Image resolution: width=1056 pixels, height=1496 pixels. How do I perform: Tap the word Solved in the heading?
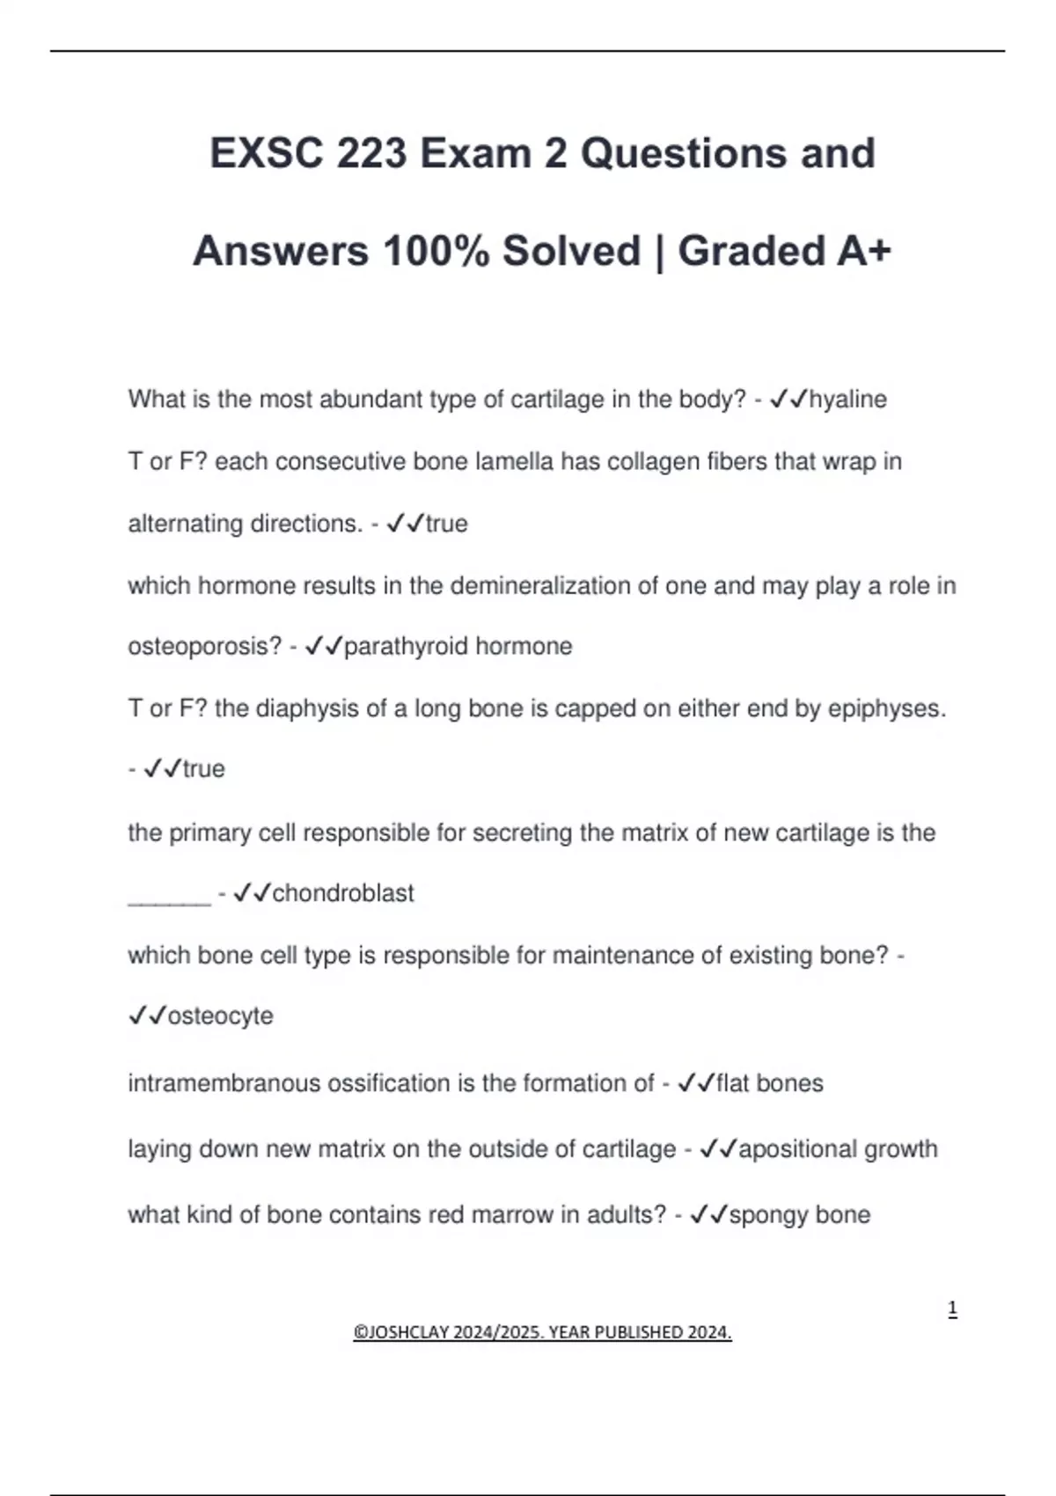click(571, 252)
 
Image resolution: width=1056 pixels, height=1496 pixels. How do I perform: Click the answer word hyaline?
click(847, 400)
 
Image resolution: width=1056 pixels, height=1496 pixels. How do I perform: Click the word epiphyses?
click(885, 709)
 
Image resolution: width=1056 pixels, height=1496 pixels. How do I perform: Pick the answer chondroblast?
click(342, 893)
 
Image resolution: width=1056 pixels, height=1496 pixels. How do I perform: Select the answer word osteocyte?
click(220, 1016)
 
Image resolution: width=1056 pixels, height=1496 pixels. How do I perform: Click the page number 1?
click(952, 1309)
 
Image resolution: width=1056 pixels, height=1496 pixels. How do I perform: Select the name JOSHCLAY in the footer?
click(406, 1332)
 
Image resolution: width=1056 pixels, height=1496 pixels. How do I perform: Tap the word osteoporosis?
click(204, 647)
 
